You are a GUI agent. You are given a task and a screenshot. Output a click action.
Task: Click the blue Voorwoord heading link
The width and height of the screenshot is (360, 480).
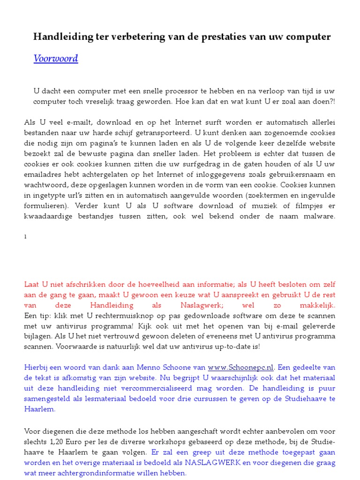[x=55, y=59]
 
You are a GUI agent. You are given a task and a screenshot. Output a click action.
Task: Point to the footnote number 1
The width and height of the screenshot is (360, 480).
[x=25, y=237]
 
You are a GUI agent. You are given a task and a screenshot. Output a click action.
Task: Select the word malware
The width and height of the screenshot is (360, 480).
[x=318, y=216]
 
